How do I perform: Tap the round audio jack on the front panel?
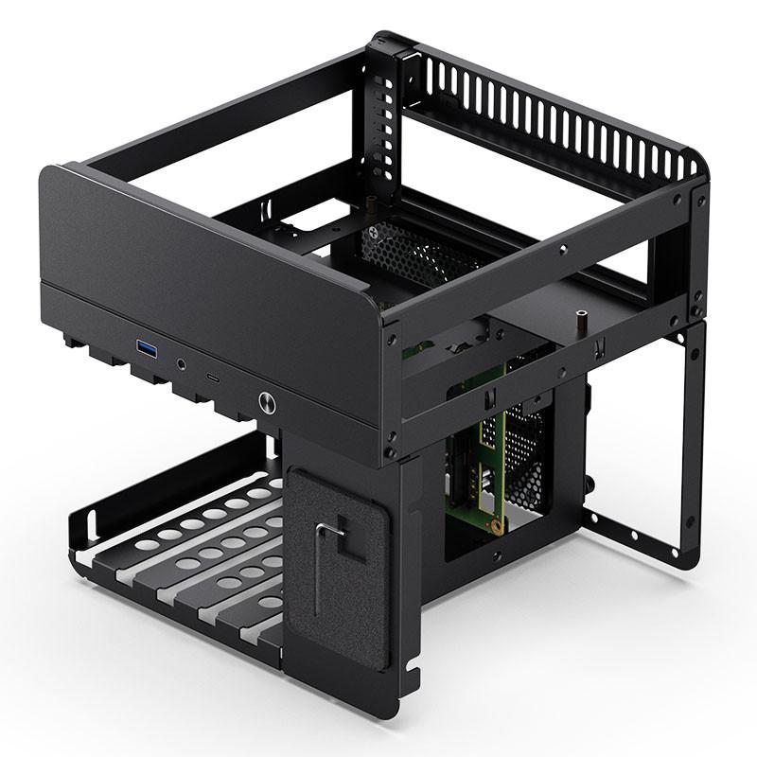click(181, 362)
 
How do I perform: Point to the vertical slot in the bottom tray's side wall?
click(92, 522)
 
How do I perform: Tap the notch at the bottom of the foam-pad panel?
click(413, 675)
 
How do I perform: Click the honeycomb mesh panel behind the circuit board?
click(525, 445)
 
